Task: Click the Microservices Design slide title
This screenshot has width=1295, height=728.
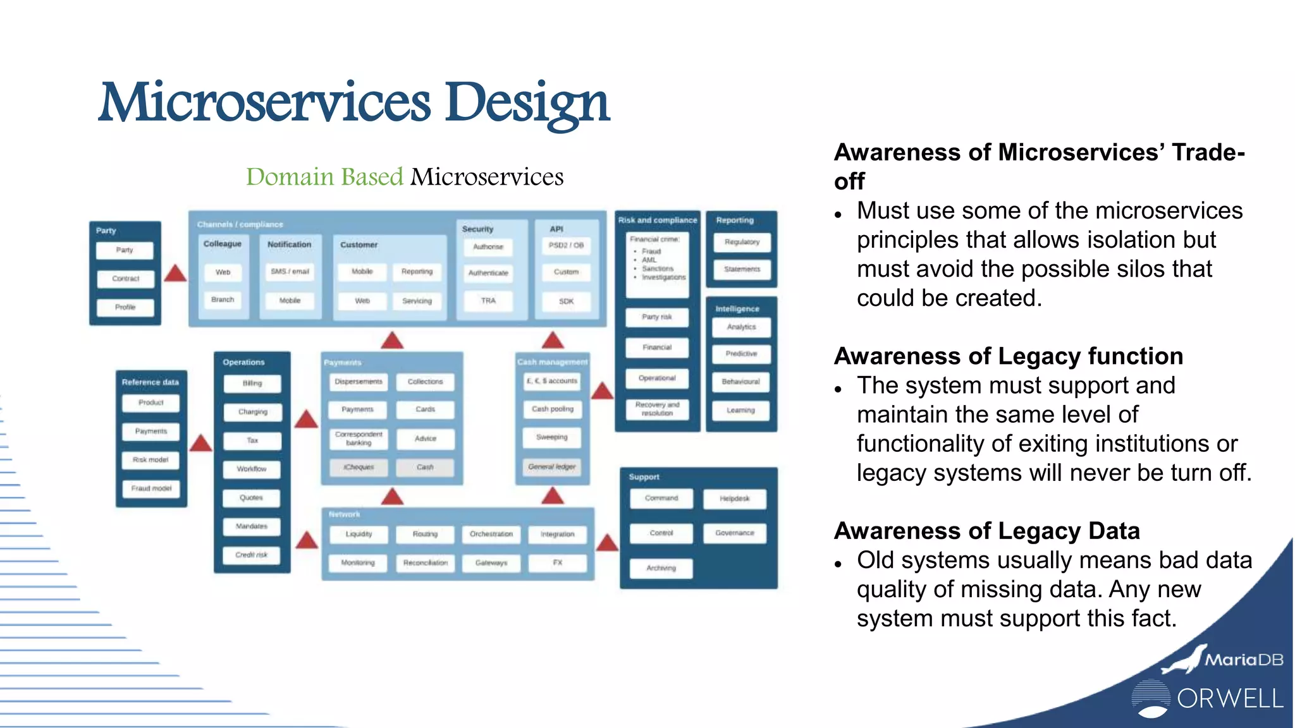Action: point(354,102)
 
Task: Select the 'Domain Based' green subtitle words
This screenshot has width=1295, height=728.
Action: point(324,177)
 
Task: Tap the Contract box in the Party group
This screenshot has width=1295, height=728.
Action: point(125,279)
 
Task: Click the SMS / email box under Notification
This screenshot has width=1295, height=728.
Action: point(290,272)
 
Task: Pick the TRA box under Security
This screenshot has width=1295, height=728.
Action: point(488,301)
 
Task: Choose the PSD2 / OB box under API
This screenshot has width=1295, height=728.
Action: point(566,245)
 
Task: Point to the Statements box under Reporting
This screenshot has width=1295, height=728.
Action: point(742,269)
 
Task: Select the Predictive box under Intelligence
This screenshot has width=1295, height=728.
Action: point(741,354)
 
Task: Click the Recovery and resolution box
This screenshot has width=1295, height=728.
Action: point(657,409)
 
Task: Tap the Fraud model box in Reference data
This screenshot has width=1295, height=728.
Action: point(151,488)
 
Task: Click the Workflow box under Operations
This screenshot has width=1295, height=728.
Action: point(252,469)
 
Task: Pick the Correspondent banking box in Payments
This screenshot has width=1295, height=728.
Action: point(359,439)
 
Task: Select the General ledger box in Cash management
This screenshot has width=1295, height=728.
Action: point(552,467)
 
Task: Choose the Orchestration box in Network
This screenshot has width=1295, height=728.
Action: point(491,534)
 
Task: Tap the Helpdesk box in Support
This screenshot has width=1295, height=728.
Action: point(734,499)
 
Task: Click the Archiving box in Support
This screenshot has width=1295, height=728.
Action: point(661,568)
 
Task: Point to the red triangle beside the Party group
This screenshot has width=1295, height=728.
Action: point(175,274)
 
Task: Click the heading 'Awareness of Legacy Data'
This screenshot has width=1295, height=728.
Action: point(986,531)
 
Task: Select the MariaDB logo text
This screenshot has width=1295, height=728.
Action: point(1243,660)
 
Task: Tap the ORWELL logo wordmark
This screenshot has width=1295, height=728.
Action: point(1229,699)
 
